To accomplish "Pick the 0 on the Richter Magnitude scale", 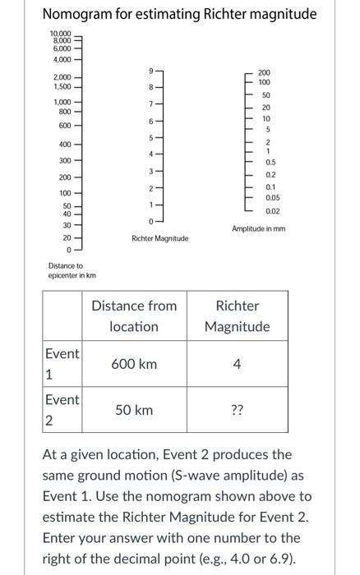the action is [151, 222].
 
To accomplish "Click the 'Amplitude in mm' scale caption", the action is [260, 228].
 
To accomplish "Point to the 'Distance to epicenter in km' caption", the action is [66, 270].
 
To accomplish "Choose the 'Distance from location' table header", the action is [134, 316].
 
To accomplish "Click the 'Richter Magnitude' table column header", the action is [237, 316].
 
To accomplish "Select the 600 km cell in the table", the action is [134, 364].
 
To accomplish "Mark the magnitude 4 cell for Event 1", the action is [237, 364].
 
